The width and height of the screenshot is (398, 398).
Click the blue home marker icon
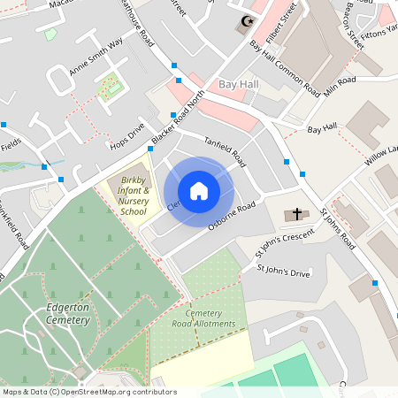199,190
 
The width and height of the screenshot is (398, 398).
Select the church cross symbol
296,214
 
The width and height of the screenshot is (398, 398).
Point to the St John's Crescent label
285,243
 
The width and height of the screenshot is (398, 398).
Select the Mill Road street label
340,85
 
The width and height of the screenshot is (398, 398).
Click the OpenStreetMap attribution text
88,392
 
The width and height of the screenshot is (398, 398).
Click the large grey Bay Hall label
238,83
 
